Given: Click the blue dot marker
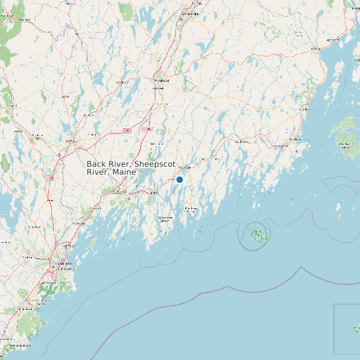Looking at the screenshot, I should coord(179,179).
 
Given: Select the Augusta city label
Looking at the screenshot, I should coord(161,80).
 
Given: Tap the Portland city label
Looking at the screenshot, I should coord(60,265).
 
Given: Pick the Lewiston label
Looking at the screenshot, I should coord(71,141).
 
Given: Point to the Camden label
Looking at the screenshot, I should coord(305,109).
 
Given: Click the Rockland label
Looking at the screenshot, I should coord(295,139).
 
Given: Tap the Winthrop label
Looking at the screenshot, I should coord(122,82).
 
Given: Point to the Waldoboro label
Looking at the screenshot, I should coord(242,141).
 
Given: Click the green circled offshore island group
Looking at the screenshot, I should coord(258,234).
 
